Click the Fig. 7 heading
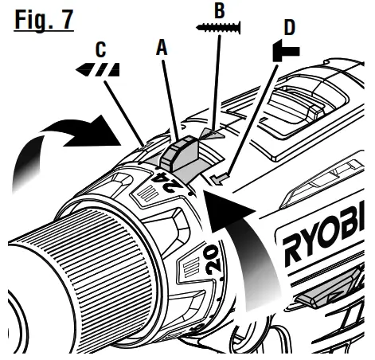(x=43, y=18)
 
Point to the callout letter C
(x=102, y=50)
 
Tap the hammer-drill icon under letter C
(x=102, y=69)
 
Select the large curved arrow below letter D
(x=239, y=239)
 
